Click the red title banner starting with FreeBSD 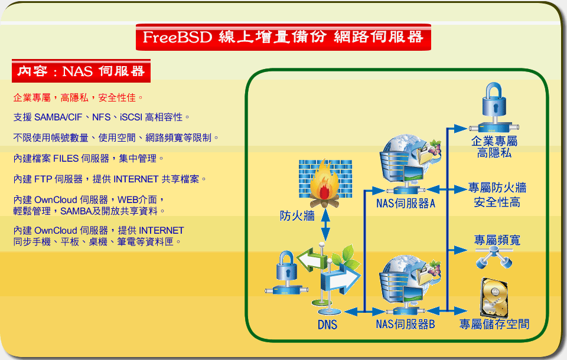tap(283, 37)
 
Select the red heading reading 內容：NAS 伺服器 tap(81, 71)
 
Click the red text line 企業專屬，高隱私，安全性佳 tap(78, 97)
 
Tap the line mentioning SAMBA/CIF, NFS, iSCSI tap(101, 117)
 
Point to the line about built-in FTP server tap(110, 179)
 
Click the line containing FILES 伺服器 tap(89, 158)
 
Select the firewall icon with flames tap(325, 183)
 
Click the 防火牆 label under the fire tap(297, 216)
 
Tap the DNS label tap(327, 325)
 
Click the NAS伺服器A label tap(405, 204)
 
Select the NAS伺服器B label tap(405, 324)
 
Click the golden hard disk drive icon tap(494, 297)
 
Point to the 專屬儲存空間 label tap(494, 324)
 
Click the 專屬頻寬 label tap(497, 240)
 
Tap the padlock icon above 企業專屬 tap(494, 107)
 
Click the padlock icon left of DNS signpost tap(286, 272)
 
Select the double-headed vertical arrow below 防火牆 tap(325, 225)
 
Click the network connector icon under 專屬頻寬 tap(494, 257)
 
